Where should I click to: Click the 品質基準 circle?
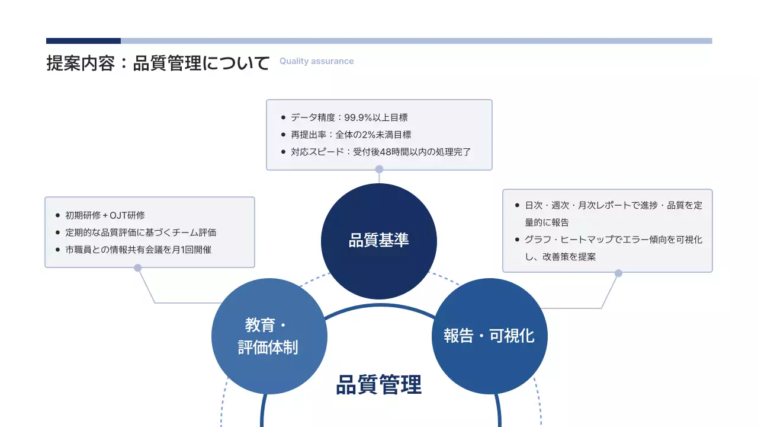coord(379,241)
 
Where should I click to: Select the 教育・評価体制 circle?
coord(269,336)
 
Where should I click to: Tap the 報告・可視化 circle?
coord(489,336)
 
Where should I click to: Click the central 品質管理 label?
coord(379,385)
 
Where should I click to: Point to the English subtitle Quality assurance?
coord(316,61)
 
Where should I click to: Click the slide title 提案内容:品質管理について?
coord(158,63)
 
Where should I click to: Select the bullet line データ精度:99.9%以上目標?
coord(349,117)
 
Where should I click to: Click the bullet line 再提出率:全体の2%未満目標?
coord(351,135)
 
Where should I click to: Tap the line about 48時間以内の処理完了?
coord(381,151)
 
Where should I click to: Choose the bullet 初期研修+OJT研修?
coord(105,215)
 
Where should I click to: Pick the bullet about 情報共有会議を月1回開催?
coord(138,250)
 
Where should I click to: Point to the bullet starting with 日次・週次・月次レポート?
coord(614,214)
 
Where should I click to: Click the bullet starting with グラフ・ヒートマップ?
coord(614,248)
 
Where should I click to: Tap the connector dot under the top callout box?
coord(379,170)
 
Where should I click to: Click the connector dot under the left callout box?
coord(138,268)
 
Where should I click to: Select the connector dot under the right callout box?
coord(618,273)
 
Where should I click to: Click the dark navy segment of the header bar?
coord(83,41)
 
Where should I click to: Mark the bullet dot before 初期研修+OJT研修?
coord(57,215)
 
